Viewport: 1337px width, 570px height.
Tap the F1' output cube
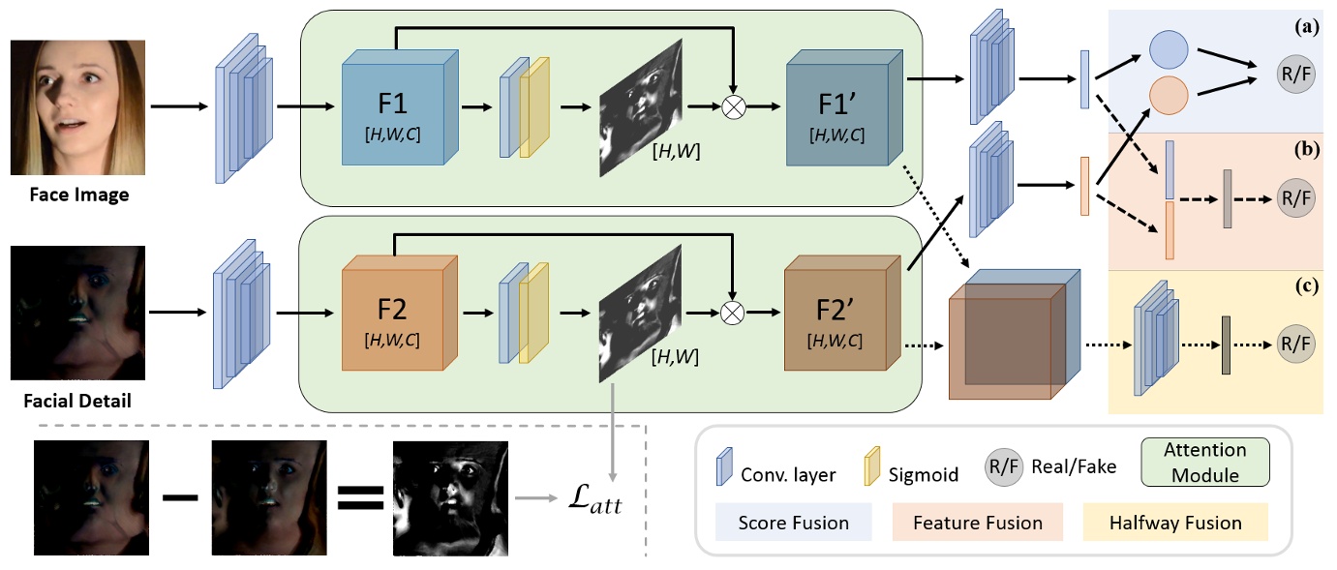click(x=837, y=111)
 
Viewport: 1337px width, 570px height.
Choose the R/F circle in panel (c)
click(x=1295, y=344)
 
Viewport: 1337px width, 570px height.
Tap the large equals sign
click(x=358, y=498)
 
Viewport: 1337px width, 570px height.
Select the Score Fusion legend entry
click(x=793, y=524)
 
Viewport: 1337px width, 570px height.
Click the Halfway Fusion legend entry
click(x=1176, y=524)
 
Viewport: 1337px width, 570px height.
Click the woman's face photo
click(x=77, y=107)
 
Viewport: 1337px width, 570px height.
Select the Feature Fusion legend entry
click(x=985, y=524)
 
